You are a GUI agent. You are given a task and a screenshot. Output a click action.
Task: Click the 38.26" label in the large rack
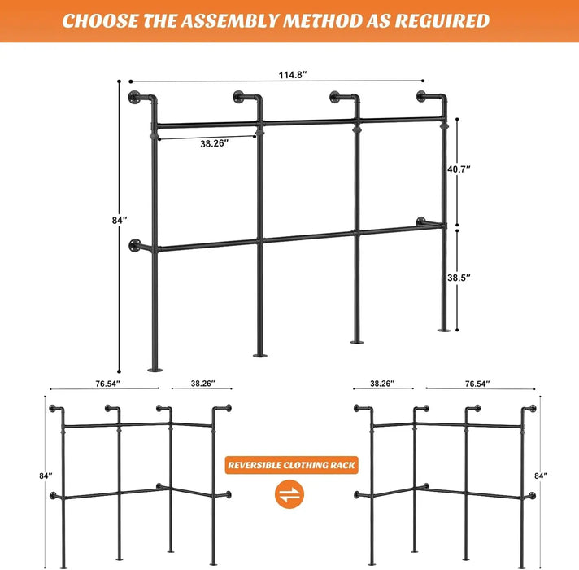[214, 143]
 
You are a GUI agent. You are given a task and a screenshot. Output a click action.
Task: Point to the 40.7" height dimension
[459, 169]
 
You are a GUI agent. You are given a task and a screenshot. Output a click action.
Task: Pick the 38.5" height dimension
[459, 277]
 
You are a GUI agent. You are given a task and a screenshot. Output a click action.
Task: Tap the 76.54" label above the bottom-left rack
[107, 383]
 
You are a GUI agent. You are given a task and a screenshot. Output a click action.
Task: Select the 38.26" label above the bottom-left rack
[202, 383]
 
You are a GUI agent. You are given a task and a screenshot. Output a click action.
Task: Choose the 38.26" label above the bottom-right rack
[383, 383]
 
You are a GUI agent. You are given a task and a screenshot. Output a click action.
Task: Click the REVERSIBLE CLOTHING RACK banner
[292, 465]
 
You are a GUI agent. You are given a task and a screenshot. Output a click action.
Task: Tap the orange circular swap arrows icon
[290, 493]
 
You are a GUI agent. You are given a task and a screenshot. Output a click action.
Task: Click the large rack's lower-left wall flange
[134, 244]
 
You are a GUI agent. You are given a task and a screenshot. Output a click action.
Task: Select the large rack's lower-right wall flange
[420, 221]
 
